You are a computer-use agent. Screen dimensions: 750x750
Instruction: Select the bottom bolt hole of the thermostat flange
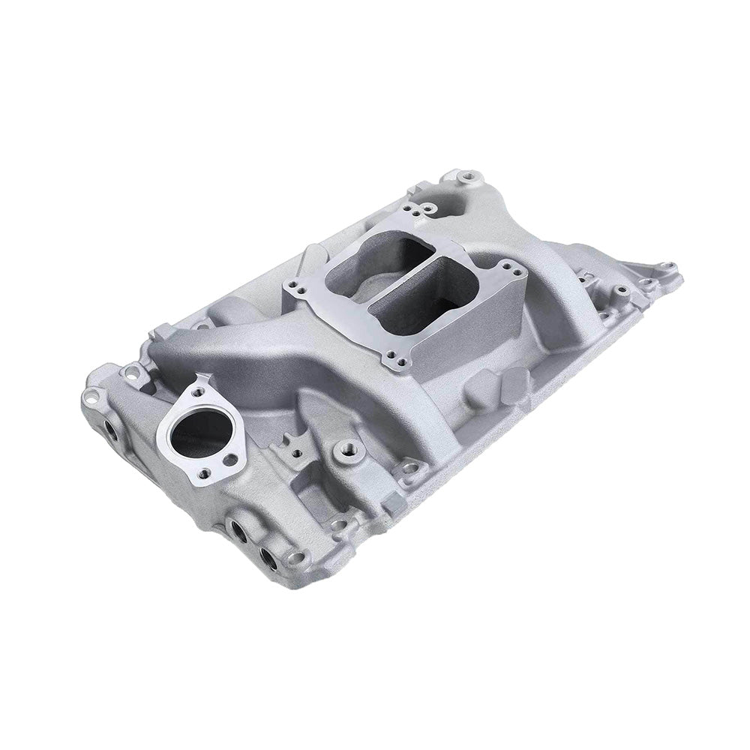[230, 458]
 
